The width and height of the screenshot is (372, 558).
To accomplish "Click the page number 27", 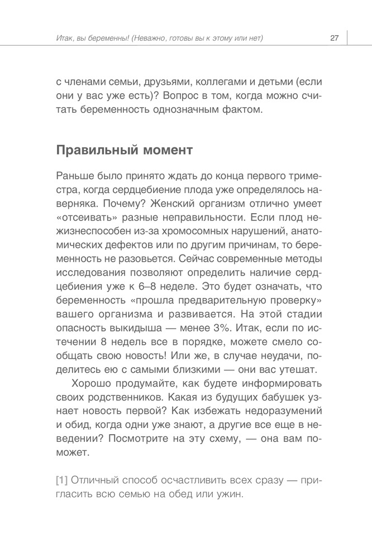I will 335,38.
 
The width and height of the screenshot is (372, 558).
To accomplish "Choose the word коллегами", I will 207,81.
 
